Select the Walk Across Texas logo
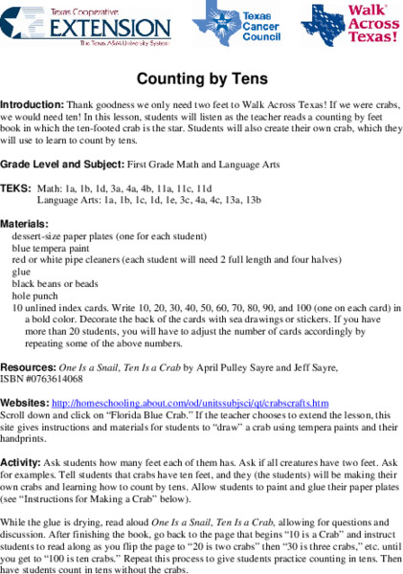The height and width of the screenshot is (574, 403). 348,25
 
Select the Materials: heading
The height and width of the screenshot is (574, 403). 25,223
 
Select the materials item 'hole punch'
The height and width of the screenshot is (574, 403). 35,296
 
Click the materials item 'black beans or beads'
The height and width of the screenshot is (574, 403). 55,283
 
